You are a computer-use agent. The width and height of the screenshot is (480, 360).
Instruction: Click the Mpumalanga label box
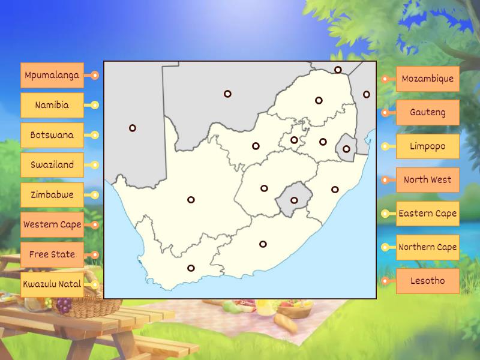52,76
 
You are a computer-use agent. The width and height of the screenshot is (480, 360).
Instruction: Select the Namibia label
52,105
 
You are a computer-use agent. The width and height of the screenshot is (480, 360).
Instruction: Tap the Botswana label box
52,135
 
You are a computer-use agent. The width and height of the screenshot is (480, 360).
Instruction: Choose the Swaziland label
52,165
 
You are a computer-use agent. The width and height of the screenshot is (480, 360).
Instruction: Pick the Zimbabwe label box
52,195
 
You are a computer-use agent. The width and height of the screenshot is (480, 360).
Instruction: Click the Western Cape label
52,225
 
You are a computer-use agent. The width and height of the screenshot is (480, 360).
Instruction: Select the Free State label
52,254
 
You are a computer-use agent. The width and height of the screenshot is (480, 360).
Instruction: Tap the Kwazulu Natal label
52,284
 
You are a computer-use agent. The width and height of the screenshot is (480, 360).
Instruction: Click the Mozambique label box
427,79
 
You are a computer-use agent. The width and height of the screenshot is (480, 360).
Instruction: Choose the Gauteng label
427,112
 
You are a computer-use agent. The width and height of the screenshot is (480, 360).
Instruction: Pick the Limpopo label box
427,146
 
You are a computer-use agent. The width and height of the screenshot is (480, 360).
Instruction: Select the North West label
427,180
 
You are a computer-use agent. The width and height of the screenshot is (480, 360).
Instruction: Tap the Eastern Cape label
427,214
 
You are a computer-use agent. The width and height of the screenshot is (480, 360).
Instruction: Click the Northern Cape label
427,247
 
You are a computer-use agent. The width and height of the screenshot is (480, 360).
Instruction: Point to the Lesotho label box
427,281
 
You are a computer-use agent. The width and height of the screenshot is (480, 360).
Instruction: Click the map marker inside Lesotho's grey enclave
294,200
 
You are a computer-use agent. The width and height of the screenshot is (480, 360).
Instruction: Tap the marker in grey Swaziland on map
346,149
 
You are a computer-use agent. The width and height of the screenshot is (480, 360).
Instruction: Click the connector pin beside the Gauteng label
385,112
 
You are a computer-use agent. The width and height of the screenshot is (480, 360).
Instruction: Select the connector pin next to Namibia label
94,105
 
